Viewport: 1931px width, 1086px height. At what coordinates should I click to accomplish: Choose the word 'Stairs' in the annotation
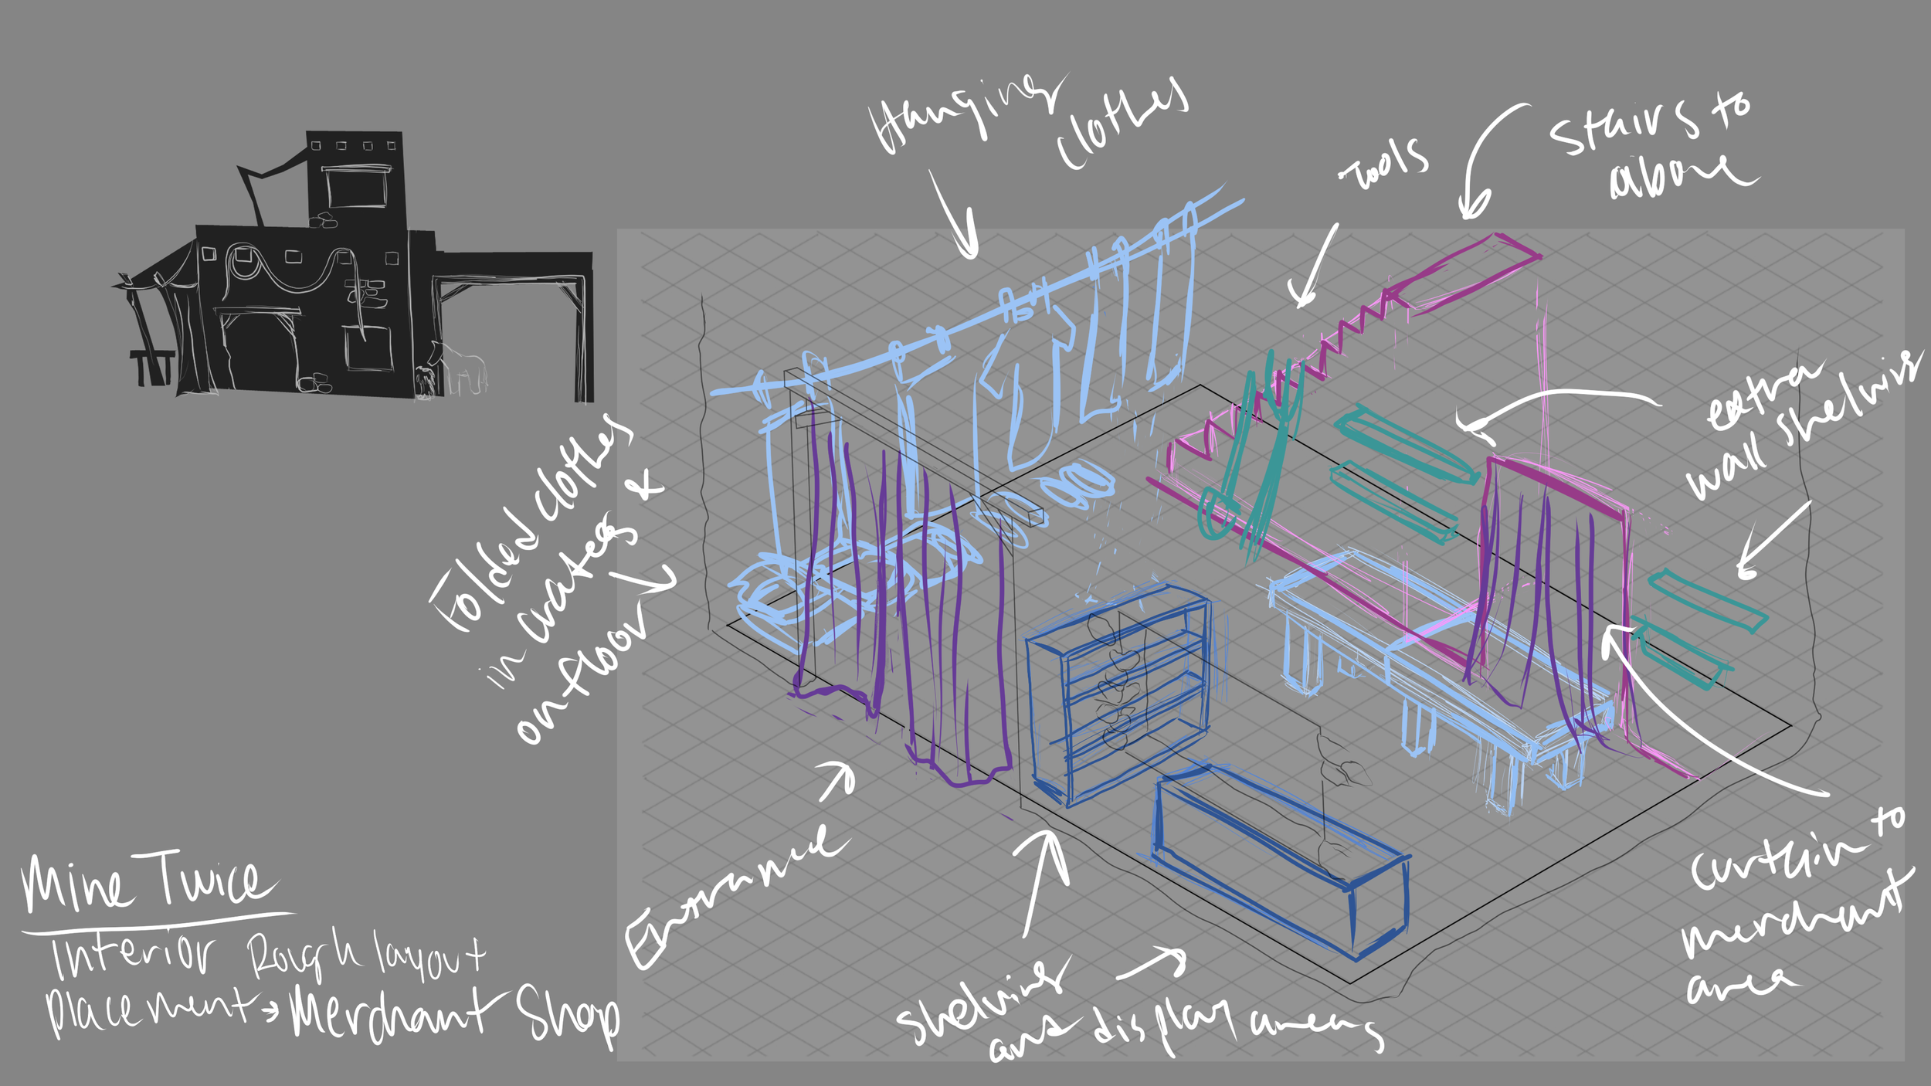click(x=1622, y=127)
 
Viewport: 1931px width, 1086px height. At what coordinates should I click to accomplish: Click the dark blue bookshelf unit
click(x=1116, y=695)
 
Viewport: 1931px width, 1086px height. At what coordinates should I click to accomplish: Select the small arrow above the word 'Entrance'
click(x=838, y=780)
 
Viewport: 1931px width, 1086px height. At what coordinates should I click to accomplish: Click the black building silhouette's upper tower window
click(x=356, y=186)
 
